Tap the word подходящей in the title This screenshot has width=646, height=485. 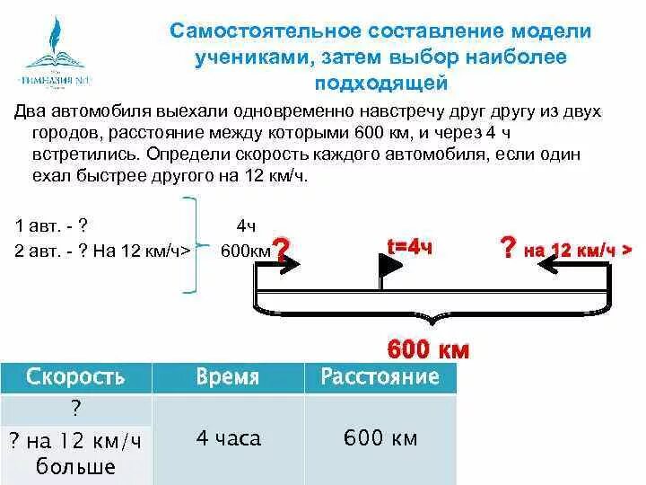380,84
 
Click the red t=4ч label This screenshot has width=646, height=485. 409,246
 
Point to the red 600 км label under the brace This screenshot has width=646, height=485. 427,348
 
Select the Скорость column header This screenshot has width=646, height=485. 75,376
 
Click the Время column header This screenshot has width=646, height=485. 228,376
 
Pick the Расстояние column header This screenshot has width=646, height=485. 380,376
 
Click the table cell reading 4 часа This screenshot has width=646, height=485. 228,438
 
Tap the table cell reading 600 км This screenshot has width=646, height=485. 380,438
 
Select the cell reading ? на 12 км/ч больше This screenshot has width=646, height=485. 75,453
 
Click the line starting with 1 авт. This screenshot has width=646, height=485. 51,225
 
